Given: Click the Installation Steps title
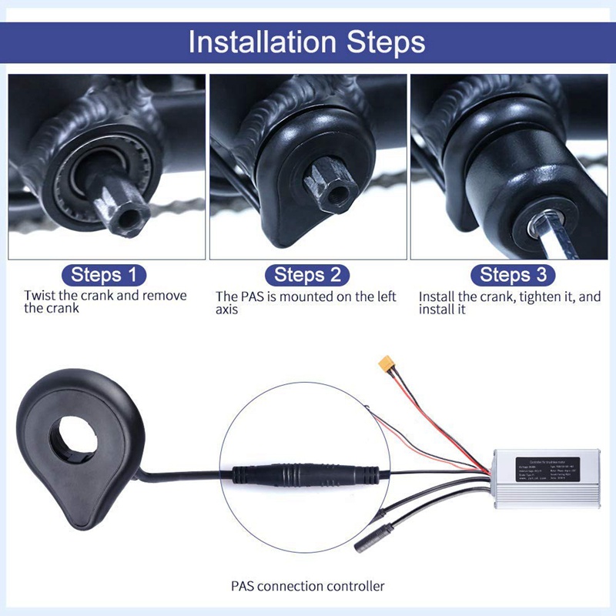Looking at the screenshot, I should [x=306, y=42].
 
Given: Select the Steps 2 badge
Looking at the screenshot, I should [x=306, y=275].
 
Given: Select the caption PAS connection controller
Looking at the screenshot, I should [x=307, y=586].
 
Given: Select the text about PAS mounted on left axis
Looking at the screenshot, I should [x=306, y=303].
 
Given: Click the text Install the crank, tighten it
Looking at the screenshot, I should [x=509, y=303].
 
